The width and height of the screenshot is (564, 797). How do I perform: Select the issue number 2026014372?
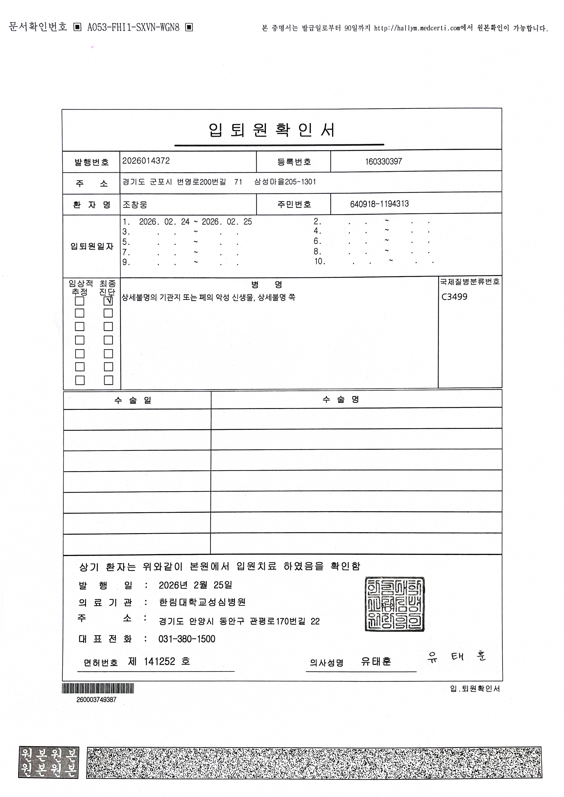[146, 161]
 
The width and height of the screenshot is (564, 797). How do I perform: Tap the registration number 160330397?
[383, 161]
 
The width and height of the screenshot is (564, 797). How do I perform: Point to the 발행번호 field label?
[91, 162]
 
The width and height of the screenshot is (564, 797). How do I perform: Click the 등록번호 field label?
[294, 162]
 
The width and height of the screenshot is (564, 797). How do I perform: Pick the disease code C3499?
[454, 297]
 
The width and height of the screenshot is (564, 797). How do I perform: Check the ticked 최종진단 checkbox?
[108, 301]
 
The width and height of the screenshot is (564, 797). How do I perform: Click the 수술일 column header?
[133, 400]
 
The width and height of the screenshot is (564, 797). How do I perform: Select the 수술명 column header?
[341, 399]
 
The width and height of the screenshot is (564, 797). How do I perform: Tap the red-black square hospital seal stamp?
[395, 604]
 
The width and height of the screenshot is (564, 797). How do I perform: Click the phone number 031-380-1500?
[187, 639]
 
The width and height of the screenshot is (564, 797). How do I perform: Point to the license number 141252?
[159, 662]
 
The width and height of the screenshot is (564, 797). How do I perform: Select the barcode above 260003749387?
[98, 688]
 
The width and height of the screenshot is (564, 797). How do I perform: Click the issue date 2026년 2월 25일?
[195, 585]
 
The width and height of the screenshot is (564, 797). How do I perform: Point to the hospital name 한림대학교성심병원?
[202, 602]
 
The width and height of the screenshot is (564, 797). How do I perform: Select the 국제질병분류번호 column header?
[470, 282]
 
